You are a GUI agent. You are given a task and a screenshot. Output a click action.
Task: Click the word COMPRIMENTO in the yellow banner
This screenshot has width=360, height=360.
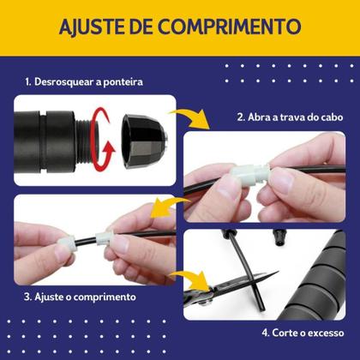(x=230, y=27)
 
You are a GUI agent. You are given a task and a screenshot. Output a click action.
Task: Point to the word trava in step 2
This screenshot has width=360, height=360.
(x=293, y=117)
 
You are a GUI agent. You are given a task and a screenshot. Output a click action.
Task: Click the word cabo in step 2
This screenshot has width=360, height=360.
(x=332, y=117)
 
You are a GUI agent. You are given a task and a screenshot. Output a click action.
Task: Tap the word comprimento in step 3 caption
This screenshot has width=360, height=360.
(x=105, y=297)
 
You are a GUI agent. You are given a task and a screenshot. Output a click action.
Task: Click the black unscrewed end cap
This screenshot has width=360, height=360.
(x=144, y=141)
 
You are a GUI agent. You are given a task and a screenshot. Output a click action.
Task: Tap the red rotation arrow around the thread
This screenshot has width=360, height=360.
(x=101, y=140)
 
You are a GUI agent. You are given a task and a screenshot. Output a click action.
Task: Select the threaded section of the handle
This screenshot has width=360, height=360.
(x=83, y=141)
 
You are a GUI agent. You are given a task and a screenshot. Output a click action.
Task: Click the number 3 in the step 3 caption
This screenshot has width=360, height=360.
(x=27, y=297)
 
